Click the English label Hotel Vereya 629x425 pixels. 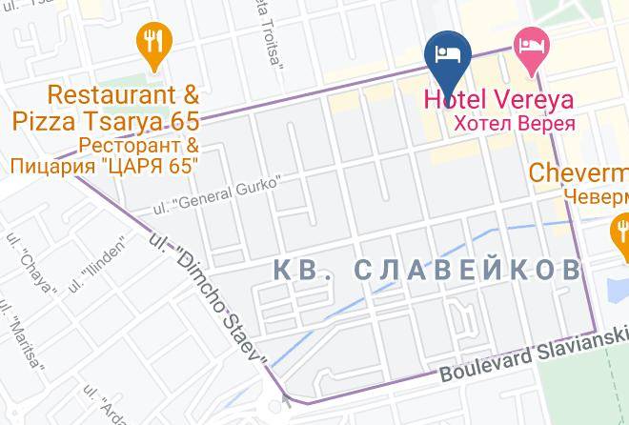(498, 99)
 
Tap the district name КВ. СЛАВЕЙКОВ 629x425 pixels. (426, 271)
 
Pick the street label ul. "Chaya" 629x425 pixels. (35, 253)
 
